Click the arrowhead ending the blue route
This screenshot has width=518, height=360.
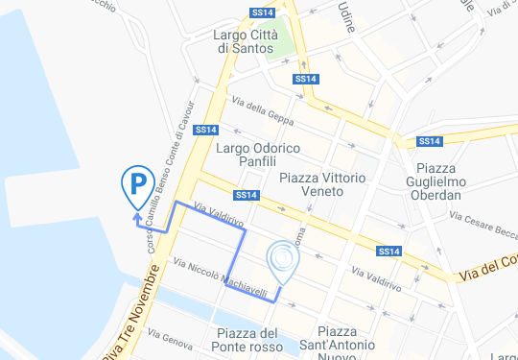137,219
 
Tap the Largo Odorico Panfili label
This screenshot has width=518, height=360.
258,155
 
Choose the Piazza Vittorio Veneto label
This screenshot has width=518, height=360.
322,186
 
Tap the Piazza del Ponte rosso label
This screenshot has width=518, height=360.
242,340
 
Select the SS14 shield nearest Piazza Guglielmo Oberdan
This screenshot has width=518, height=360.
428,142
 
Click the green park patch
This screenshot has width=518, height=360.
282,45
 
